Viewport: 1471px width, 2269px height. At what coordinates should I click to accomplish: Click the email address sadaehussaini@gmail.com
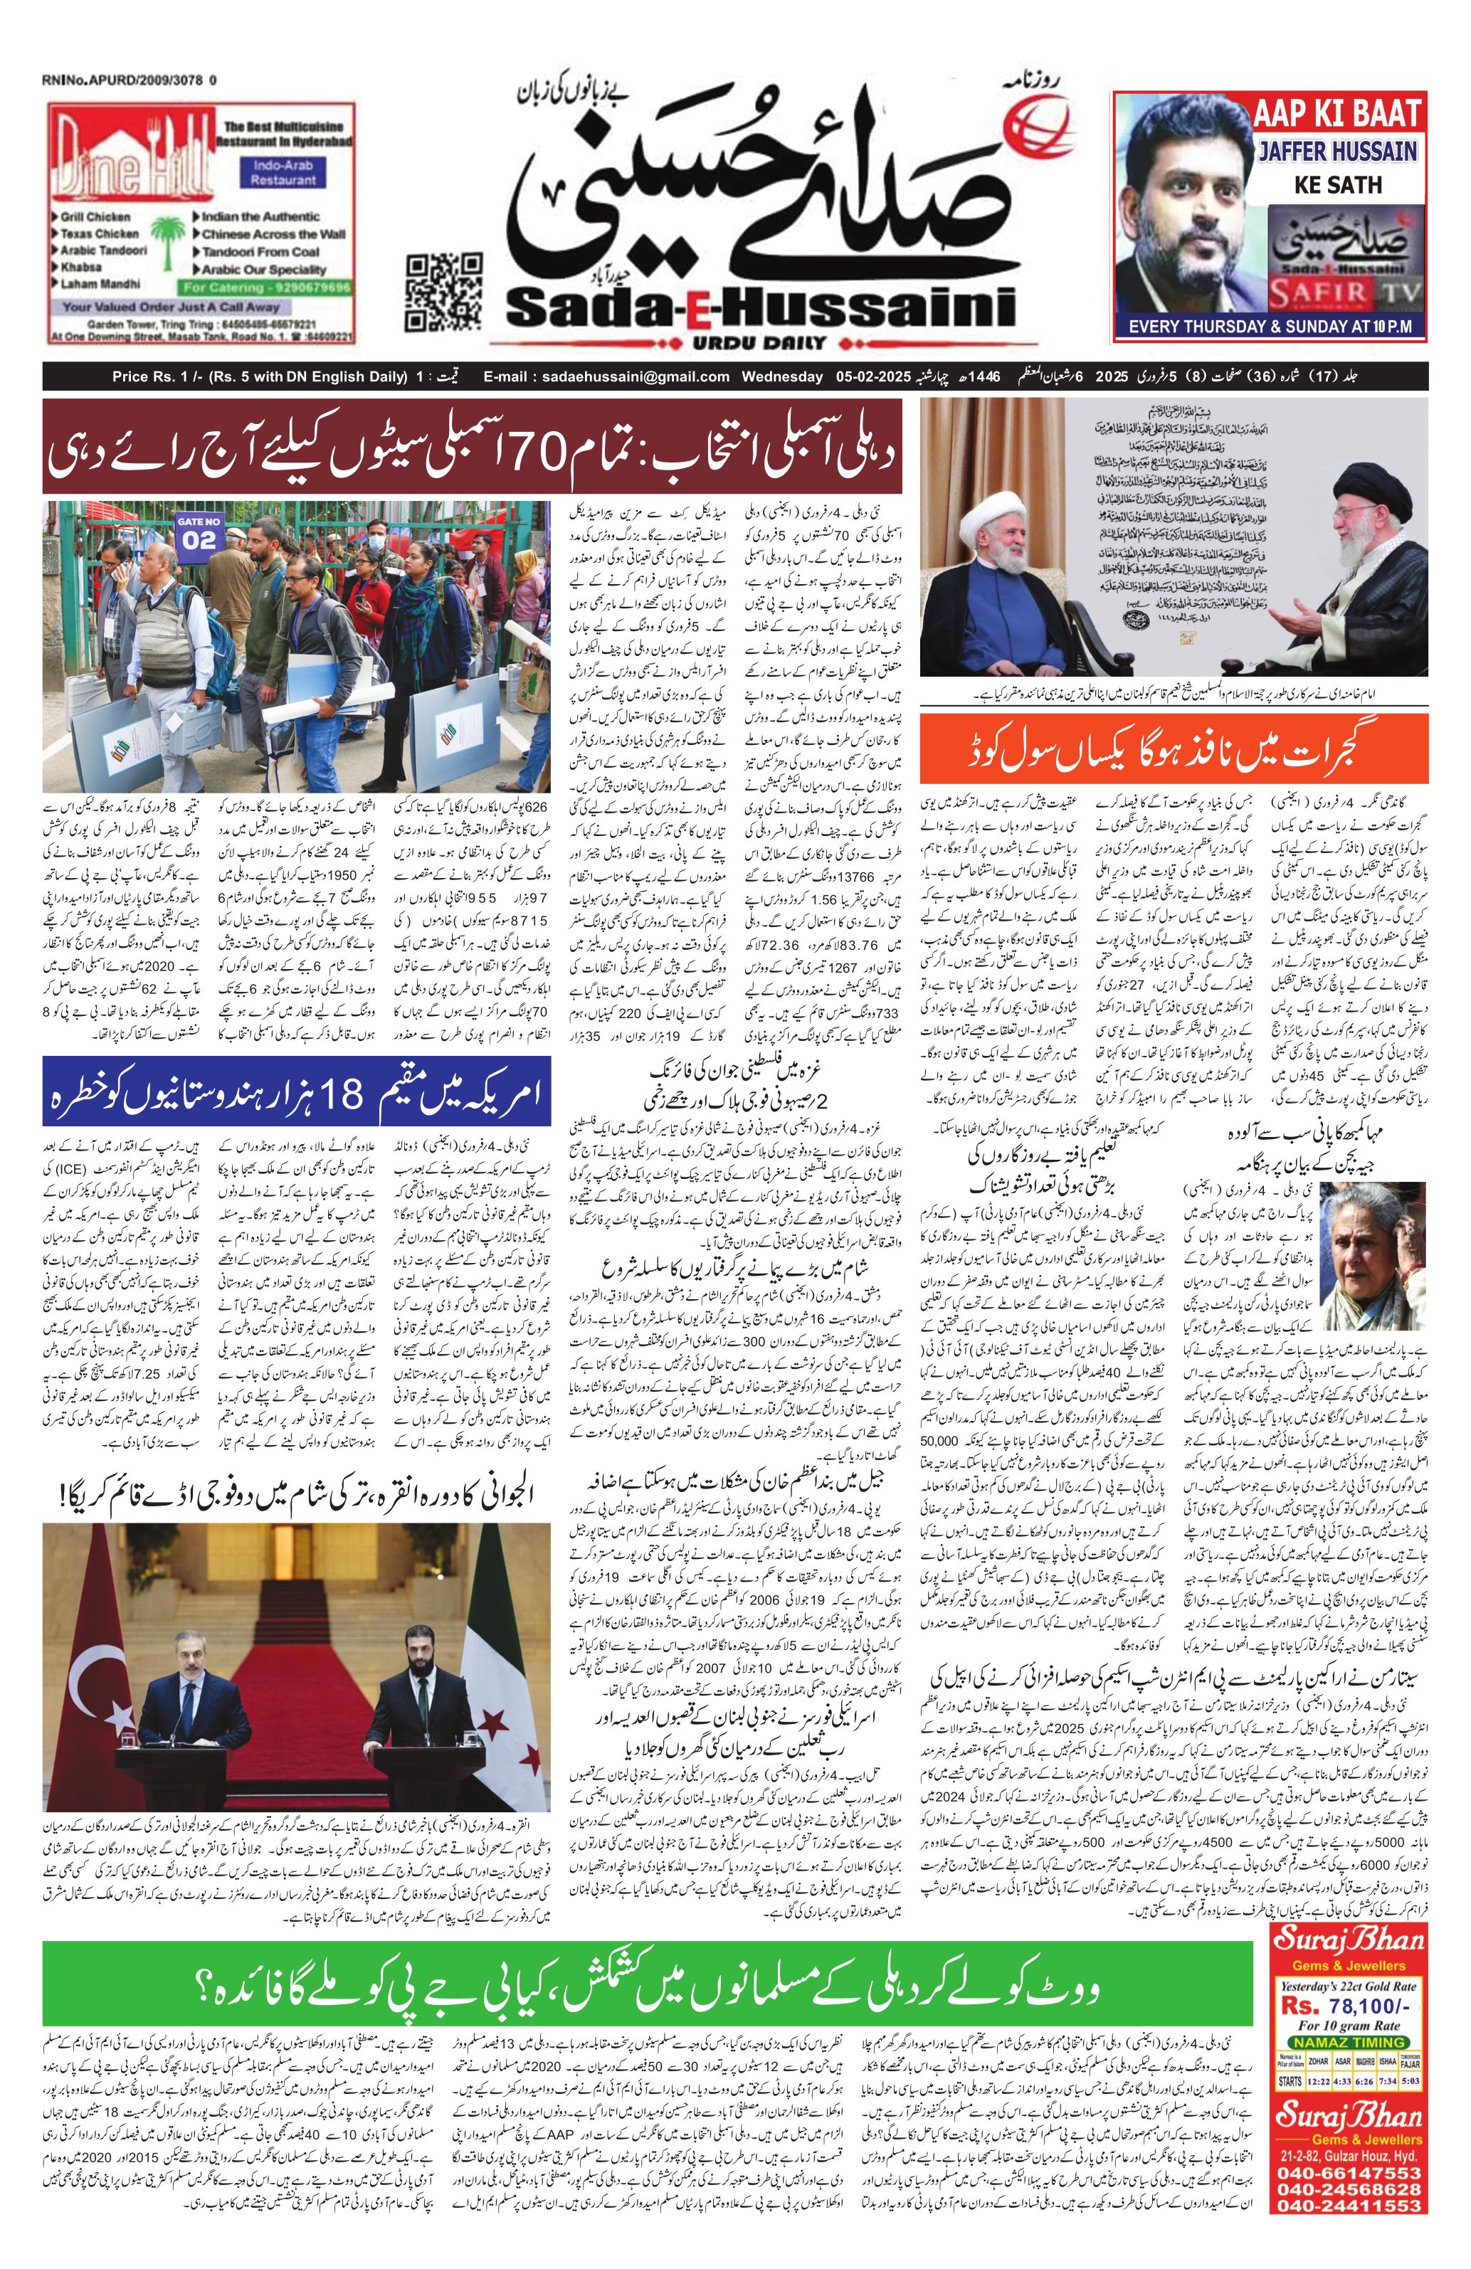[606, 376]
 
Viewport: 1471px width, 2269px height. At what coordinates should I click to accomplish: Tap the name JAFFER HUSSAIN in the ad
[1337, 151]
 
